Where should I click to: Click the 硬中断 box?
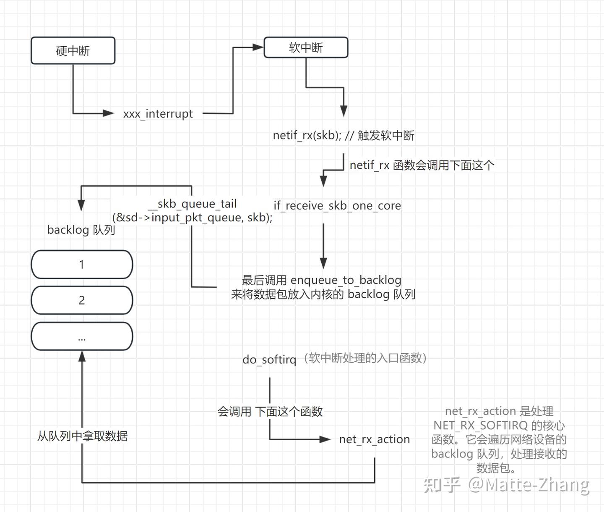(73, 50)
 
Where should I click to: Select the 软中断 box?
(306, 47)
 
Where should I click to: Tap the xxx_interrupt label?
(158, 114)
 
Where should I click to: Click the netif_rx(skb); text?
(307, 135)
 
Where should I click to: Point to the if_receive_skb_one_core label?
(337, 205)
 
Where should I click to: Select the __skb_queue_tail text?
(193, 204)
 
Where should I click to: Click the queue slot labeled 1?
(82, 264)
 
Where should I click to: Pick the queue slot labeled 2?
(82, 300)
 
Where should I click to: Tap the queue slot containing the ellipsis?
(82, 336)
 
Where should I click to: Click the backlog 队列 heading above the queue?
(81, 230)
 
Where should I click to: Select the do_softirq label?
(269, 360)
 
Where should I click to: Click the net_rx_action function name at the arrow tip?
(374, 439)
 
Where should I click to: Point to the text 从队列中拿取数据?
(82, 436)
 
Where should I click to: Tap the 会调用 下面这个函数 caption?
(270, 411)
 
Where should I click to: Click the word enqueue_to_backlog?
(346, 280)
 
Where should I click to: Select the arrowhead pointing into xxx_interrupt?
(109, 113)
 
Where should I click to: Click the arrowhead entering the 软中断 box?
(258, 47)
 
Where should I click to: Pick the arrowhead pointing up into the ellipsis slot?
(82, 356)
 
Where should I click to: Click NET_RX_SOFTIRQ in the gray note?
(480, 425)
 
